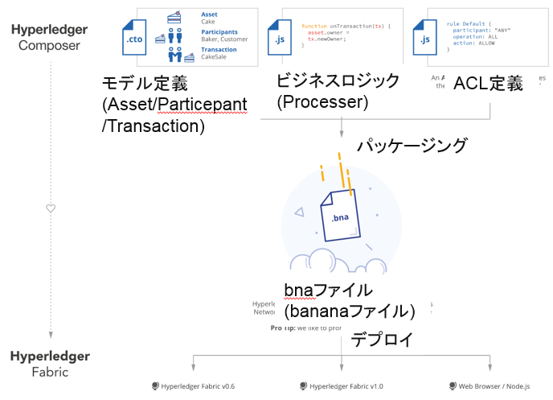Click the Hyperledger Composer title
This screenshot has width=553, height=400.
coord(50,37)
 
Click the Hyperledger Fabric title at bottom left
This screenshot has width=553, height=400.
coord(50,364)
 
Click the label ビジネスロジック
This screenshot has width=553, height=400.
coord(338,81)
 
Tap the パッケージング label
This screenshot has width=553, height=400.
coord(412,146)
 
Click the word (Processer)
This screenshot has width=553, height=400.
coord(322,102)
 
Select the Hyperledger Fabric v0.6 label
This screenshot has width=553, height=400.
coord(193,386)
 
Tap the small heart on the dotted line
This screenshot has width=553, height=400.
coord(51,208)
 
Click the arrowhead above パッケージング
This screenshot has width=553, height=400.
coord(343,133)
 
